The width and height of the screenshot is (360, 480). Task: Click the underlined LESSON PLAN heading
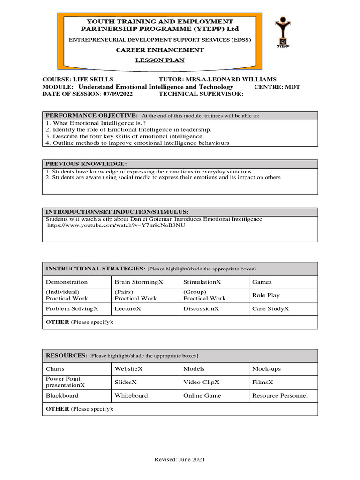pyautogui.click(x=160, y=60)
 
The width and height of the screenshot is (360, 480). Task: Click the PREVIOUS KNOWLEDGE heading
pyautogui.click(x=86, y=164)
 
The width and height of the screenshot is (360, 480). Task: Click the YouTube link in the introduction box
pyautogui.click(x=116, y=225)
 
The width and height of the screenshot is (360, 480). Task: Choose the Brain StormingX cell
pyautogui.click(x=139, y=282)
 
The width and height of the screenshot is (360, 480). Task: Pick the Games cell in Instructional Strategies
pyautogui.click(x=262, y=282)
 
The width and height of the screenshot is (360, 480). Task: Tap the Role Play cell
pyautogui.click(x=265, y=295)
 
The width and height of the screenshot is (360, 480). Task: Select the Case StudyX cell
pyautogui.click(x=270, y=309)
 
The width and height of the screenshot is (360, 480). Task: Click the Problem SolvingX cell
pyautogui.click(x=72, y=309)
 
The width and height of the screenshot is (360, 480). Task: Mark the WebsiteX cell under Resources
pyautogui.click(x=128, y=369)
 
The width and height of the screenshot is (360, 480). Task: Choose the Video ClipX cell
pyautogui.click(x=202, y=382)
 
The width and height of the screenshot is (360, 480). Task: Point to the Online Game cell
pyautogui.click(x=202, y=396)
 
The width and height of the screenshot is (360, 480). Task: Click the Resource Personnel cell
pyautogui.click(x=280, y=396)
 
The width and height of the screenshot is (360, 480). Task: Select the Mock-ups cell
pyautogui.click(x=266, y=369)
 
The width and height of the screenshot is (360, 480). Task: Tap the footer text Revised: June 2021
pyautogui.click(x=180, y=460)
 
